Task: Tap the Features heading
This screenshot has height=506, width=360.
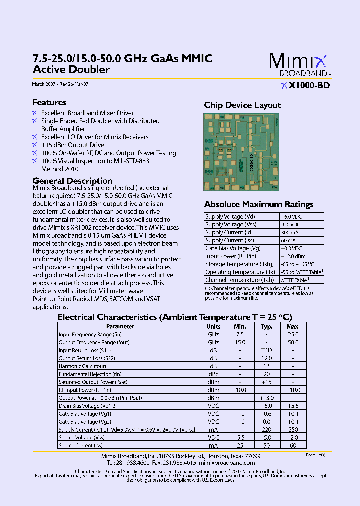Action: point(49,102)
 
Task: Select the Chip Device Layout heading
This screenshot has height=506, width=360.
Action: point(242,105)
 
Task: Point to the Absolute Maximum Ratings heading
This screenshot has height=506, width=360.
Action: point(259,204)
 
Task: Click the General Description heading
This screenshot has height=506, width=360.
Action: point(72,181)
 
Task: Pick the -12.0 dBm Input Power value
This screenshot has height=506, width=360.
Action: point(291,256)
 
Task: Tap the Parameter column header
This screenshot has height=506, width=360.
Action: point(120,326)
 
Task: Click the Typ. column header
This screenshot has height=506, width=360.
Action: point(266,326)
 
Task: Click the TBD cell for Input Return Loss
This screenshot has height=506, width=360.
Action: point(266,350)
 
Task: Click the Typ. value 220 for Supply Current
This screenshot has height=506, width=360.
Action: point(266,430)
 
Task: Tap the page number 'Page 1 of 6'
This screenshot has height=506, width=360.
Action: point(315,455)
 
